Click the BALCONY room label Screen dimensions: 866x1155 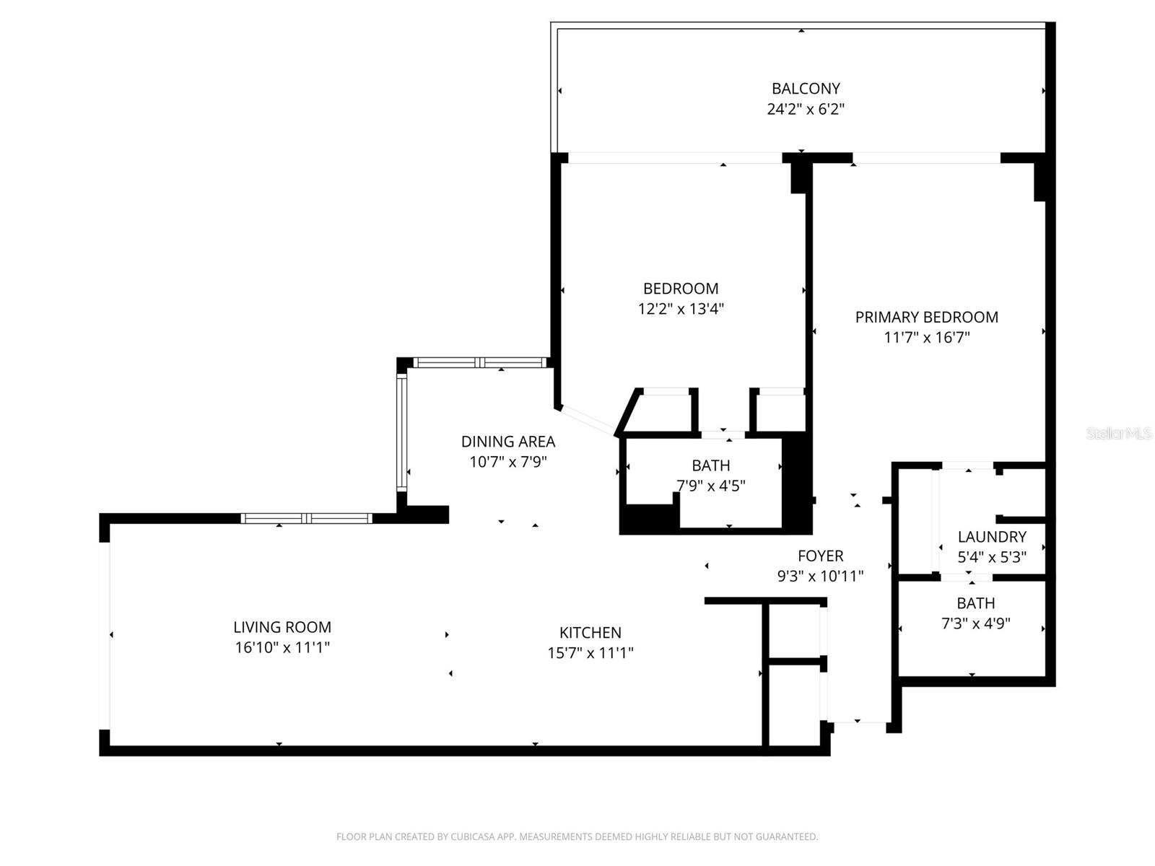tap(806, 89)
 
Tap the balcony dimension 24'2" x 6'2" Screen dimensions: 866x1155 tap(806, 110)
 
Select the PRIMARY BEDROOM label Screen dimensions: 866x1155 tap(926, 317)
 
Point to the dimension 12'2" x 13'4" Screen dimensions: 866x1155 tap(680, 309)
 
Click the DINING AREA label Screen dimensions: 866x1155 tap(508, 441)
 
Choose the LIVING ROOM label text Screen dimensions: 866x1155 tap(282, 627)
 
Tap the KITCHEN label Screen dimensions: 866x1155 tap(590, 632)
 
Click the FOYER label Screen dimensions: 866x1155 tap(820, 556)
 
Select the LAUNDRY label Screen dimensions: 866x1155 tap(991, 536)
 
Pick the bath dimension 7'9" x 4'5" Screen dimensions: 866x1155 tap(710, 486)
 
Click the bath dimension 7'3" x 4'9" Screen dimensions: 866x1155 tap(975, 624)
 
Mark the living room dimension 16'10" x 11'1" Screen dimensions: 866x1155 tap(282, 647)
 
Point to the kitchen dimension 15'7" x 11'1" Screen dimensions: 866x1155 tap(590, 653)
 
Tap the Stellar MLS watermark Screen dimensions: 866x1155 tap(1118, 434)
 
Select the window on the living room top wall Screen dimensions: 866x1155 tap(306, 518)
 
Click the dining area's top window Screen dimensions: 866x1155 tap(480, 363)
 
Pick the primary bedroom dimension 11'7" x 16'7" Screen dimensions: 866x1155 tap(926, 337)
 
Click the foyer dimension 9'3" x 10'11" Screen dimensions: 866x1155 tap(820, 577)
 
